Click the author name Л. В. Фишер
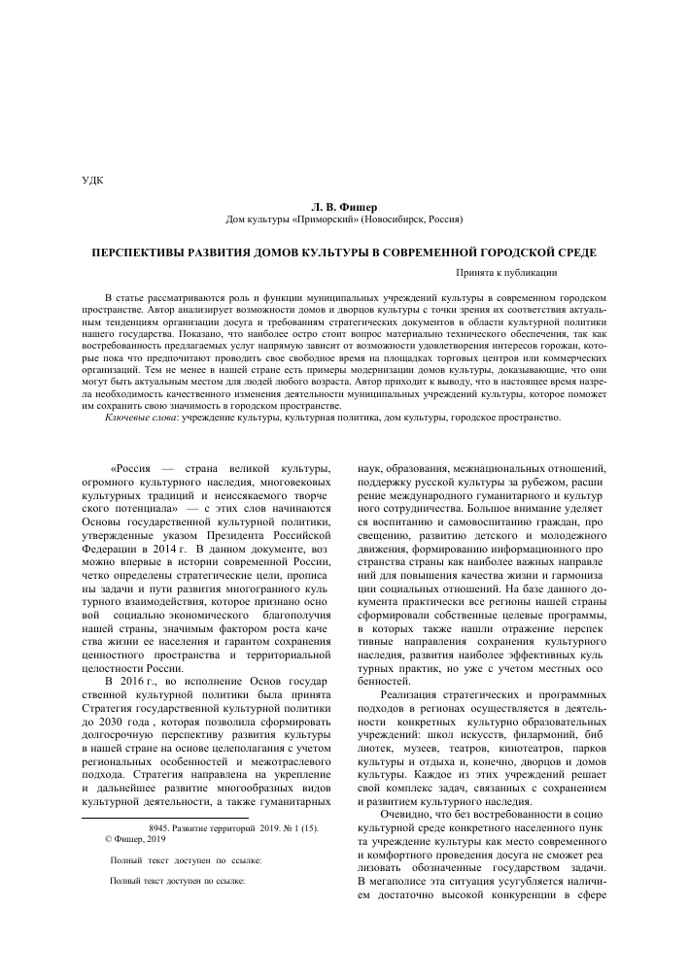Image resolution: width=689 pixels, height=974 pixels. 344,207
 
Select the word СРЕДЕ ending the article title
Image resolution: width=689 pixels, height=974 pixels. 574,252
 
